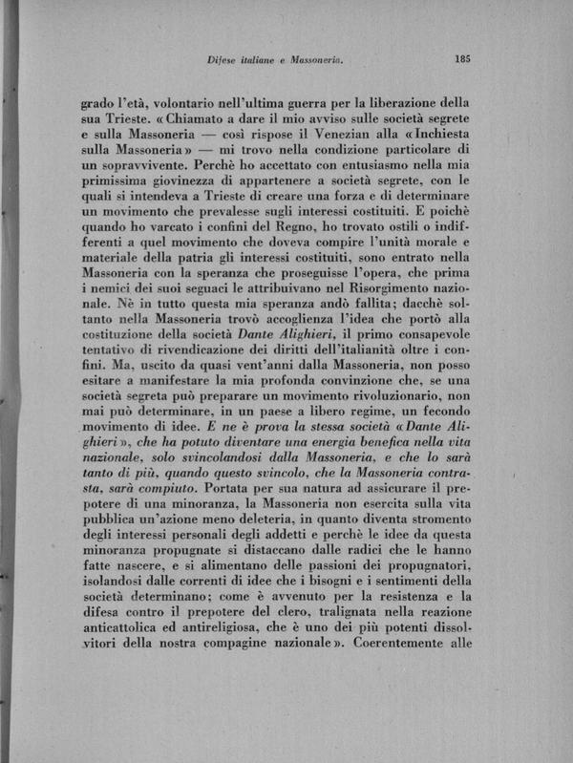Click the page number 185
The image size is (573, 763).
tap(462, 58)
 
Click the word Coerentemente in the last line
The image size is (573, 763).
tap(406, 667)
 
